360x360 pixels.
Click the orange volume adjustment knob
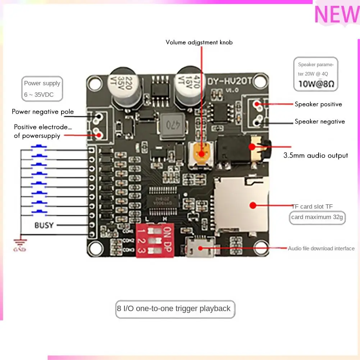tap(201, 153)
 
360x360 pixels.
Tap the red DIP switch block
tap(154, 240)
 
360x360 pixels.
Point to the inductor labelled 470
tap(171, 126)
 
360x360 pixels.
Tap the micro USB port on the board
tap(200, 248)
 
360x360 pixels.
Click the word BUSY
tap(44, 225)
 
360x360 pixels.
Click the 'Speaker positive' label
tap(318, 104)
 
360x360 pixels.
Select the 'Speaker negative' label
tap(319, 122)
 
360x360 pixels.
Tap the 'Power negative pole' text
tap(43, 111)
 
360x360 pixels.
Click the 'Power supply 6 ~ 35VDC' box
tap(42, 89)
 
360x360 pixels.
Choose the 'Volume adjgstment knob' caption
tap(199, 42)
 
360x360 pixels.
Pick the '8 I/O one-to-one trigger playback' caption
tap(174, 309)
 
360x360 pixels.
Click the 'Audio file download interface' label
tap(321, 249)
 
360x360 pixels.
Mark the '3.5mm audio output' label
tap(315, 156)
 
